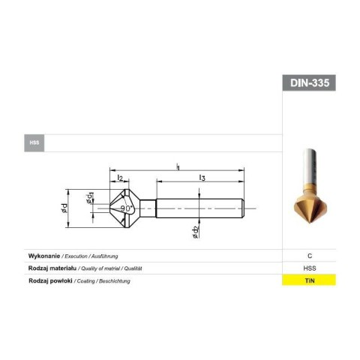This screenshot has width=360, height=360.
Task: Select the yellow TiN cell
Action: (309, 280)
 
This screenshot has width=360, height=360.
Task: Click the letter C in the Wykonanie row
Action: (309, 256)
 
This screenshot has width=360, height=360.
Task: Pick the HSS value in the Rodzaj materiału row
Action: (309, 268)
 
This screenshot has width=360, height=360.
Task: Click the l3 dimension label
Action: (202, 177)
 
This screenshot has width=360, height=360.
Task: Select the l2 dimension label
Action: (120, 177)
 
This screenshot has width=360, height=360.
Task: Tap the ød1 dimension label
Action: (89, 197)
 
